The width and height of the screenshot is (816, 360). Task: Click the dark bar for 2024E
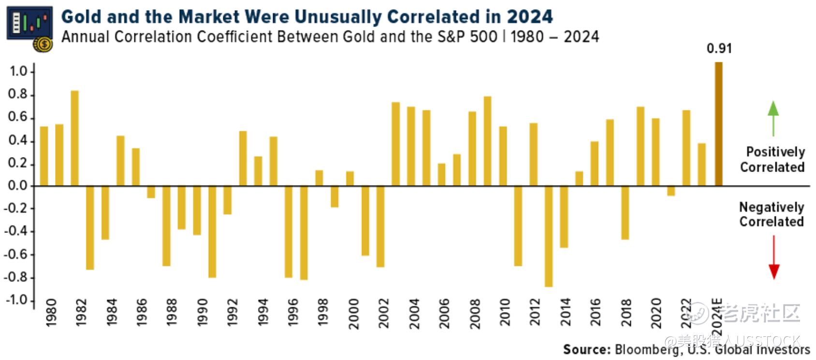[x=718, y=124]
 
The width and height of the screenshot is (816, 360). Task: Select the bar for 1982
[x=74, y=138]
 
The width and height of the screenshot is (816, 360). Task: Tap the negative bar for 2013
[x=548, y=236]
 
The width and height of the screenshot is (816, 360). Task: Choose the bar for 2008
[x=472, y=149]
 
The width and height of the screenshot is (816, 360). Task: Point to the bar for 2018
[x=625, y=213]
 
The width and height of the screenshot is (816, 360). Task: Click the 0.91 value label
[x=719, y=49]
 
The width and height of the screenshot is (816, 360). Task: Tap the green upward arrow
[x=773, y=118]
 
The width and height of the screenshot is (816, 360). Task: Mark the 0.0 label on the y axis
[x=17, y=187]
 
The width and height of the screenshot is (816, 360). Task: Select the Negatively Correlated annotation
[x=772, y=215]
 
